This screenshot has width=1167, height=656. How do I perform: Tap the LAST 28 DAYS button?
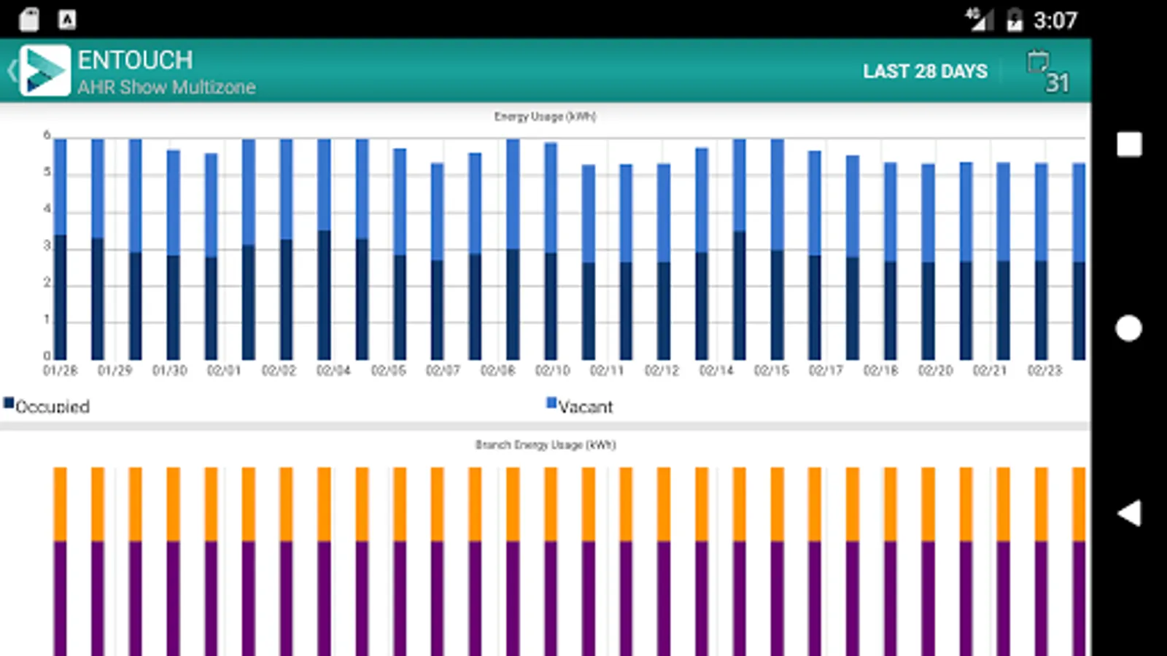point(925,71)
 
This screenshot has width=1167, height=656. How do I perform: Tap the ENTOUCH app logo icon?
point(45,71)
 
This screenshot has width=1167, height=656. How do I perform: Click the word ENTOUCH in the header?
point(135,60)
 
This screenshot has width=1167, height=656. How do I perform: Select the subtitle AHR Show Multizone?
point(166,87)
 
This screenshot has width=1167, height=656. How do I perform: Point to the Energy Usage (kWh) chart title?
point(545,117)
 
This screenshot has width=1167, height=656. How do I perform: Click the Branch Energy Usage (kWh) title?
point(545,445)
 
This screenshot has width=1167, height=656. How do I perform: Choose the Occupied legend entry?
point(47,406)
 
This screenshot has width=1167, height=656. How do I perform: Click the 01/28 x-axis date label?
point(60,370)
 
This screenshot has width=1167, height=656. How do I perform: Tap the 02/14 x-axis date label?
point(716,370)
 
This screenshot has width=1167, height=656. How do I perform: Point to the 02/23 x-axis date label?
point(1044,370)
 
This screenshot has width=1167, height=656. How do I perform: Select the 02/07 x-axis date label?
point(443,370)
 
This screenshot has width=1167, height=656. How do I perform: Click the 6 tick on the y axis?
point(47,135)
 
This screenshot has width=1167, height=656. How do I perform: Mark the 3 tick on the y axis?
point(47,246)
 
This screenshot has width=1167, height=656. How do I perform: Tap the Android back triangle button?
point(1129,513)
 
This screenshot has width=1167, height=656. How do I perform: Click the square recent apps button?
point(1129,144)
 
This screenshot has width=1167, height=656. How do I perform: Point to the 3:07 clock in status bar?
point(1055,20)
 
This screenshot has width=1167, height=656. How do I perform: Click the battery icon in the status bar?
point(1014,20)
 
